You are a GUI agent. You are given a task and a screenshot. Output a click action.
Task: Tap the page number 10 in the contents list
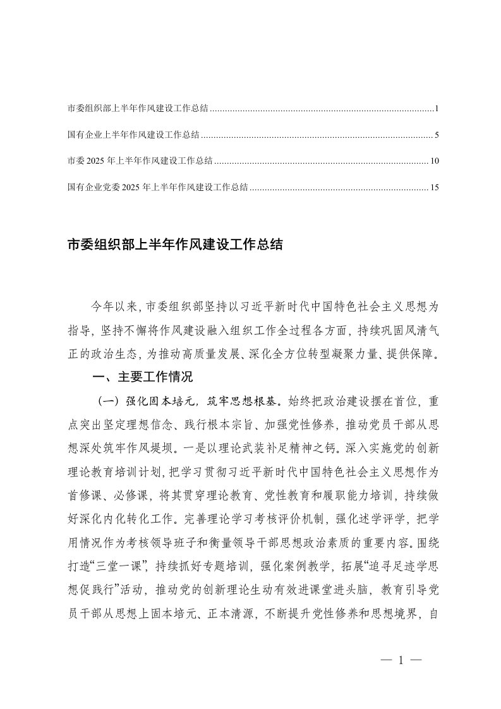pyautogui.click(x=434, y=161)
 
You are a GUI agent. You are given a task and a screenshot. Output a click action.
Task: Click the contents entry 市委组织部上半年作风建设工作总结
pyautogui.click(x=138, y=109)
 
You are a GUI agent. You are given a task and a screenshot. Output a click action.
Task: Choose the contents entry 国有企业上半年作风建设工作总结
pyautogui.click(x=133, y=135)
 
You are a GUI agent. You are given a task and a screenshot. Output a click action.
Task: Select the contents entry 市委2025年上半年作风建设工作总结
pyautogui.click(x=140, y=161)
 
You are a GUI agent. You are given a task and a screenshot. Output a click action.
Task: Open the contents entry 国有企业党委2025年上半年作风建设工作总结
pyautogui.click(x=157, y=186)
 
